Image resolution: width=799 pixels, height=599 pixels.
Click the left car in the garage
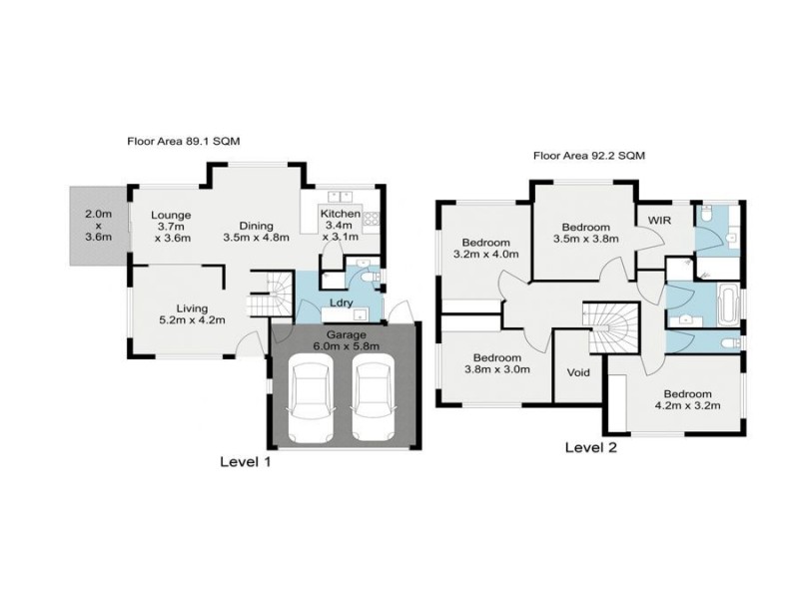[312, 401]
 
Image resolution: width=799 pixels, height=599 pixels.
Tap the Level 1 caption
[245, 461]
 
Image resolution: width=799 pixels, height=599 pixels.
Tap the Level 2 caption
[591, 447]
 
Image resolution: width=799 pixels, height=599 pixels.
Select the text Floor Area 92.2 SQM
[589, 156]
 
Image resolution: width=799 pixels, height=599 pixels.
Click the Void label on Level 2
[578, 372]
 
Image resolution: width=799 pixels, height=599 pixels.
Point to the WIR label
[658, 220]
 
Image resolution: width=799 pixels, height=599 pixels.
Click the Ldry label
[337, 304]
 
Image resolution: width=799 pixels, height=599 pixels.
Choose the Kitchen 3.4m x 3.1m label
[340, 226]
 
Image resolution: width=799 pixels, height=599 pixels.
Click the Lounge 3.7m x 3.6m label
[171, 226]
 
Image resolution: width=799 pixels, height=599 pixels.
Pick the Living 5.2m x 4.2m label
[186, 314]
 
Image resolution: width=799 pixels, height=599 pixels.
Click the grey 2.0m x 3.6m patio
[98, 226]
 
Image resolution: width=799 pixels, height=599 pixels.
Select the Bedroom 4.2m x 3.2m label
[687, 398]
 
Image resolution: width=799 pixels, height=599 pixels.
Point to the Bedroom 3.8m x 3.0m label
[496, 364]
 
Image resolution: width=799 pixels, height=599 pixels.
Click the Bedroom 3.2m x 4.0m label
[486, 249]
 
